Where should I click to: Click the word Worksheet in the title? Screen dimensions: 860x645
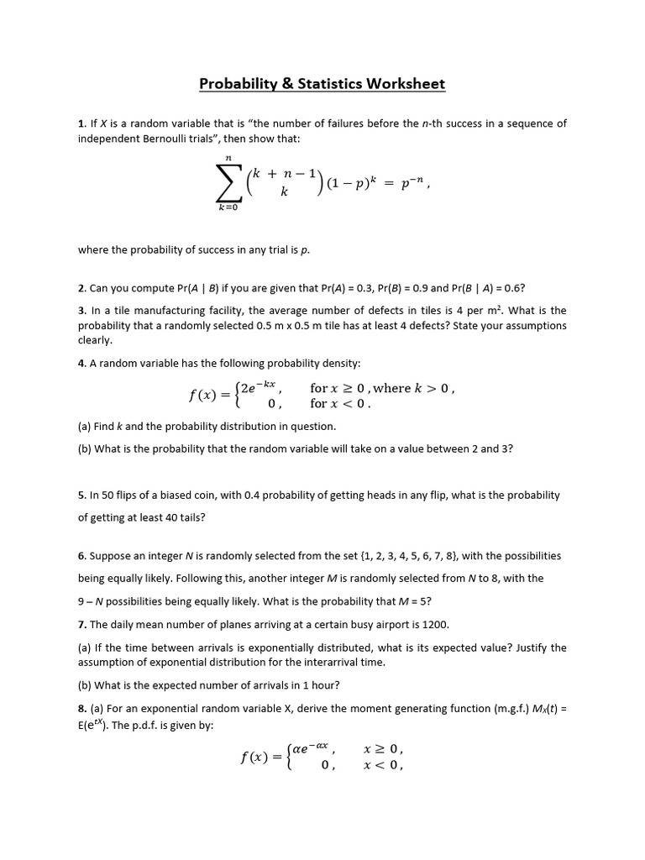point(404,84)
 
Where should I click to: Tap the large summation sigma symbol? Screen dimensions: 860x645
point(227,188)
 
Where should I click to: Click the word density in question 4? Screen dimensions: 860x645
point(341,363)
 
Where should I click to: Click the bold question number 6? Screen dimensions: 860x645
point(81,556)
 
